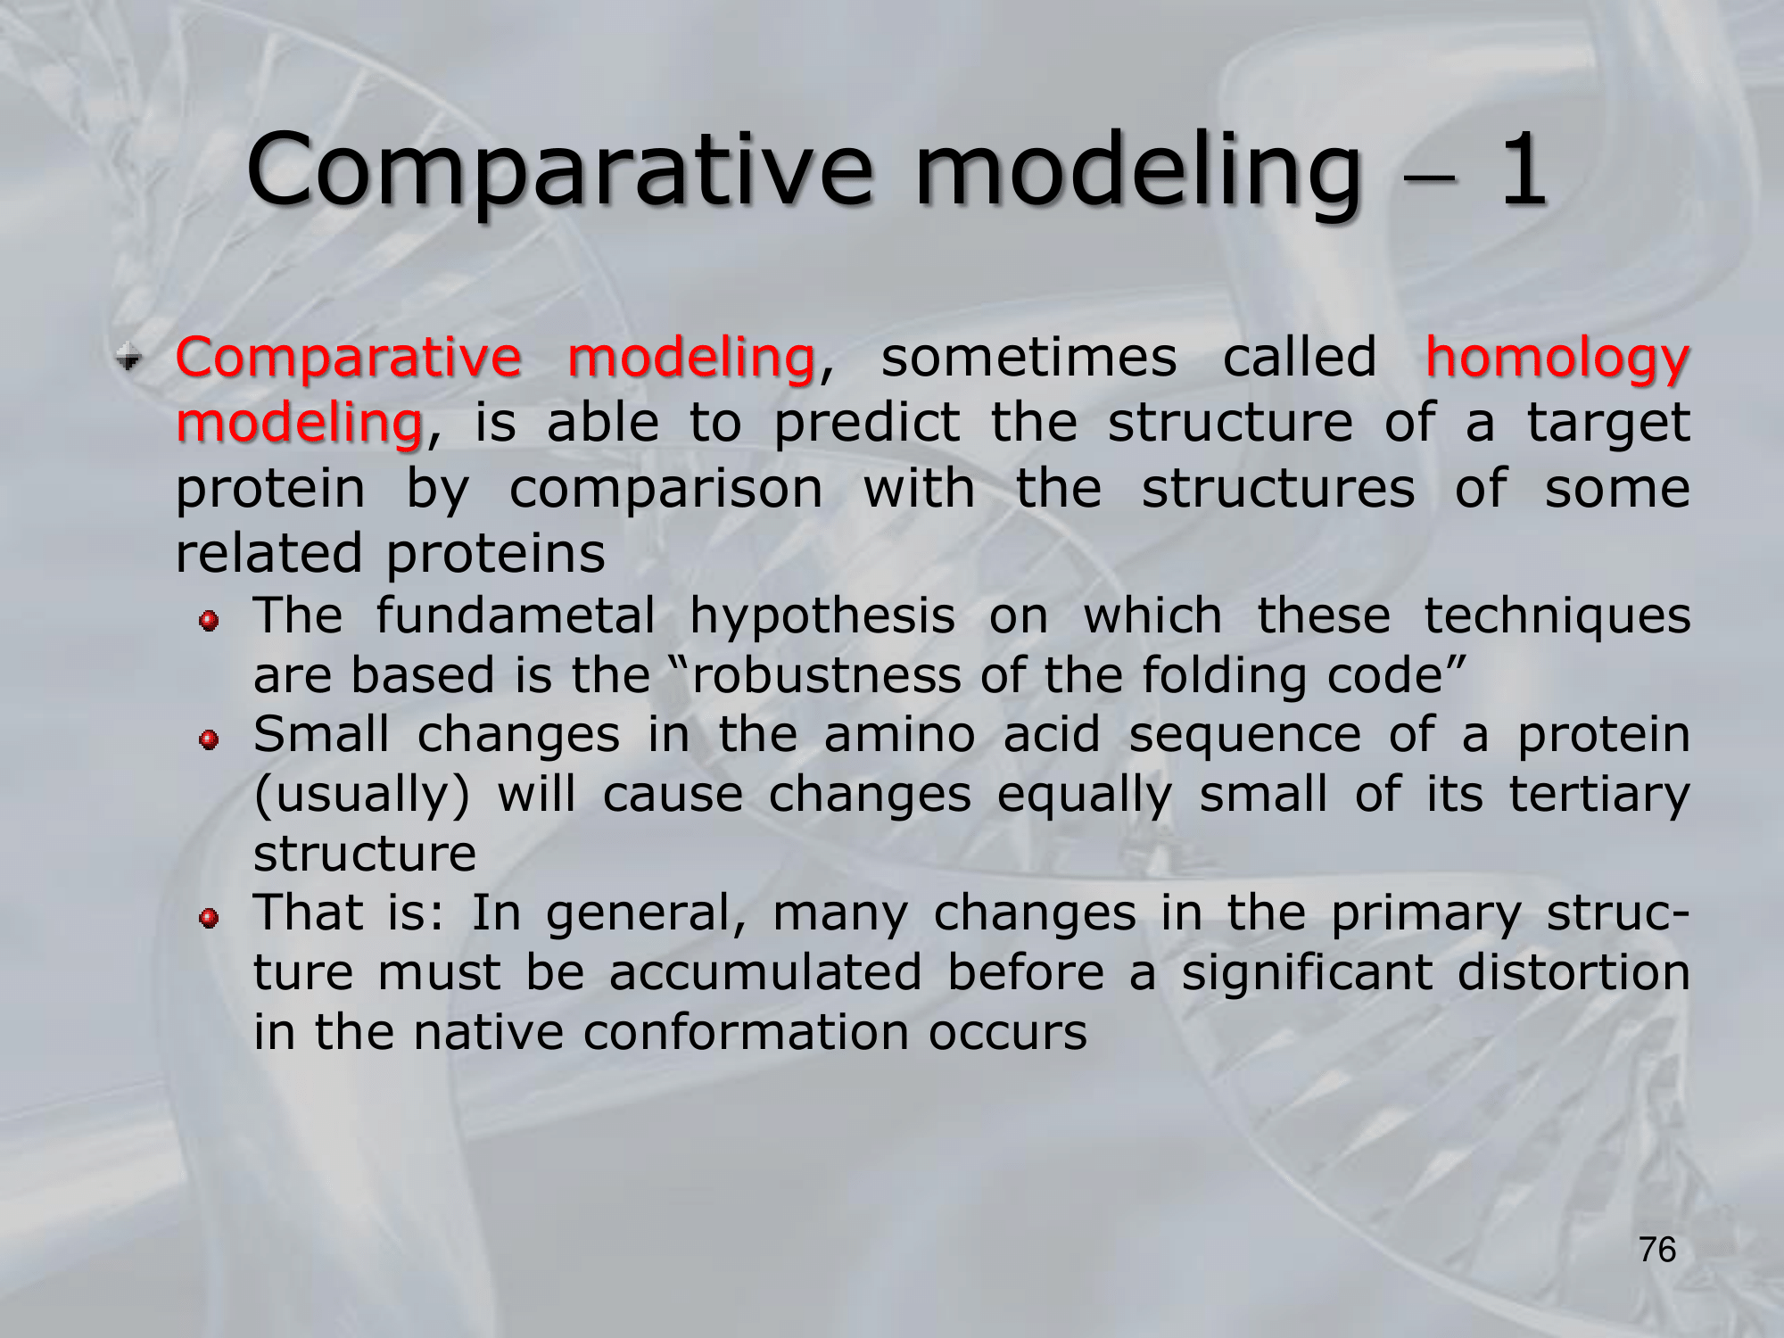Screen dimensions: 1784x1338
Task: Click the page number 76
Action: (1657, 1250)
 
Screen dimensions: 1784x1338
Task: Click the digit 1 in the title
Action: (1523, 169)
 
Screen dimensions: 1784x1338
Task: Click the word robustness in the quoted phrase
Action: (826, 674)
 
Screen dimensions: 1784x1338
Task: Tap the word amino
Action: (899, 734)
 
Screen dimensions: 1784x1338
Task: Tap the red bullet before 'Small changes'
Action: (209, 739)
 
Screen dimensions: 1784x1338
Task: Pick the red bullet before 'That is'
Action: (209, 918)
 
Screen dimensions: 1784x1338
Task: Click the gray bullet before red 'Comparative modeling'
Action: (130, 359)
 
